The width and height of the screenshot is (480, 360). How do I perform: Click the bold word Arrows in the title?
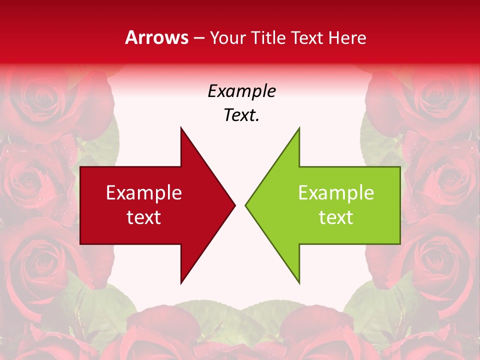[x=156, y=37]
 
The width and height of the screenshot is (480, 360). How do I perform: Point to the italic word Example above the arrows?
[x=241, y=91]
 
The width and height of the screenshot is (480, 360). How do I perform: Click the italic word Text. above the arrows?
[x=241, y=115]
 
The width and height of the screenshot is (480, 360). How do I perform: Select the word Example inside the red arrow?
[x=143, y=193]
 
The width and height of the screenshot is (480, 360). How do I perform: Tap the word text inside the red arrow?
[x=143, y=217]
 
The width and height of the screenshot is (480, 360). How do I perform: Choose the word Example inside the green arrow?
[x=336, y=193]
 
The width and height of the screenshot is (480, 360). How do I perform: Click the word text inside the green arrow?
[x=336, y=217]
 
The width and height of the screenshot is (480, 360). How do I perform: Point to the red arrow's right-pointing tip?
[x=235, y=205]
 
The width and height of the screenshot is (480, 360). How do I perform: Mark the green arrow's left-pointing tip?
[x=245, y=205]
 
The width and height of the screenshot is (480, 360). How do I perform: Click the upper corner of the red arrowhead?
[x=181, y=127]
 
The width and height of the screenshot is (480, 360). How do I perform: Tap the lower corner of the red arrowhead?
[x=181, y=283]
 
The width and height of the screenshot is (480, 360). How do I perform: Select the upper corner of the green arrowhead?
[x=299, y=127]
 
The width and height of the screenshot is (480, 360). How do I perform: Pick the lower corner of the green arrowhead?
[x=299, y=283]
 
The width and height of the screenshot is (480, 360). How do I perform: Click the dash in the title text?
[x=198, y=38]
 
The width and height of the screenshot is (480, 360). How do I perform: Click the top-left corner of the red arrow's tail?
[x=80, y=167]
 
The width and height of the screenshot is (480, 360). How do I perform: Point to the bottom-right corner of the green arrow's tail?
[x=400, y=244]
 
